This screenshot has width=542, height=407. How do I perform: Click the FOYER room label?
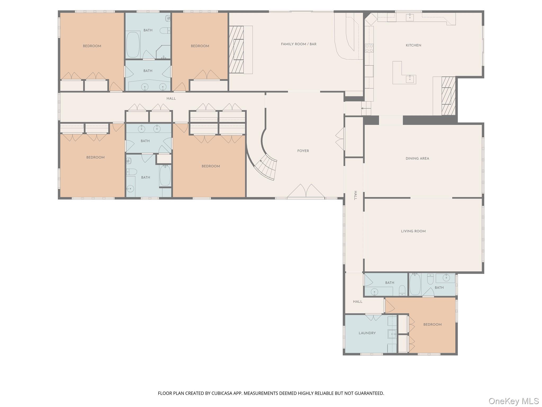(x=303, y=151)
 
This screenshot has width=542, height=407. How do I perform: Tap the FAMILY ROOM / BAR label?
(x=299, y=44)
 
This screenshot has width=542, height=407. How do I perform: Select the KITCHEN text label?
(x=413, y=45)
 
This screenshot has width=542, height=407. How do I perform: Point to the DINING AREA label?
(x=417, y=158)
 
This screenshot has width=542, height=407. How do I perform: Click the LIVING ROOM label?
(x=413, y=231)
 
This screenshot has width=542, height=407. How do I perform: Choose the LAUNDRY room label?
(x=367, y=333)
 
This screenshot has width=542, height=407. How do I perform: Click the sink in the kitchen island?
(x=410, y=79)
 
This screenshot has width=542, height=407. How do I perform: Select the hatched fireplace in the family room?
(x=236, y=50)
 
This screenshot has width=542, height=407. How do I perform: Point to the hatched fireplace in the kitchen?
(x=448, y=96)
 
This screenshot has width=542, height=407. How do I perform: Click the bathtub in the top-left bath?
(x=133, y=45)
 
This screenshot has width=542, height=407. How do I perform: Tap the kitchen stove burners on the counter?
(x=369, y=48)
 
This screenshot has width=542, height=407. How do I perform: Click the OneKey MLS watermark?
(x=513, y=401)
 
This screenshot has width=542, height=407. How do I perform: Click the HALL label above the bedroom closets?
(x=171, y=99)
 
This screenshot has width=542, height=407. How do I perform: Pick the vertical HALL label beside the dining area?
(x=355, y=195)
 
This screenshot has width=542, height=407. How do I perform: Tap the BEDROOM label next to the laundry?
(x=432, y=325)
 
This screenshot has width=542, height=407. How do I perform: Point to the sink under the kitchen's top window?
(x=410, y=17)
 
